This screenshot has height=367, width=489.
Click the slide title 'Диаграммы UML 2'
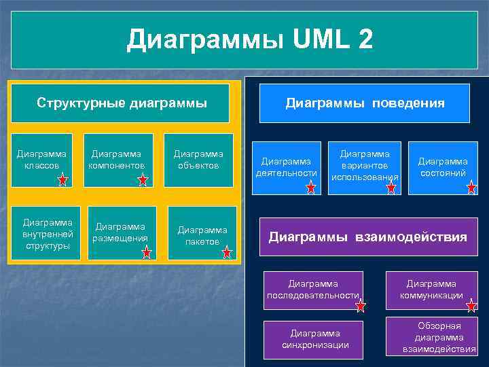250,39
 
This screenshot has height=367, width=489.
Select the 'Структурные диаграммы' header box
122,103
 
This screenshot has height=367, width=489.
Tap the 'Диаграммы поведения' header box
365,103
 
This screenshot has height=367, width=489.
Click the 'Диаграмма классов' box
42,160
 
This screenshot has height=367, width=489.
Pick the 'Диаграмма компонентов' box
117,160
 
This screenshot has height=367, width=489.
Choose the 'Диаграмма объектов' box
198,160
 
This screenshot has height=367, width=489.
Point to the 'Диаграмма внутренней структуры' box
46,233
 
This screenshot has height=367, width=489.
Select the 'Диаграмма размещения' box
121,232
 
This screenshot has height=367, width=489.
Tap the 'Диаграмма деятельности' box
286,167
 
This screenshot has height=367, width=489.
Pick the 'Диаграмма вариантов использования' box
365,166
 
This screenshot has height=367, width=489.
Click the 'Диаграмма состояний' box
442,167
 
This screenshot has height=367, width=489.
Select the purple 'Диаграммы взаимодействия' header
368,237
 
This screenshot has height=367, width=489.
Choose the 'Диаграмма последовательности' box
313,290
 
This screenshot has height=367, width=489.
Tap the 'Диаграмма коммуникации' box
431,290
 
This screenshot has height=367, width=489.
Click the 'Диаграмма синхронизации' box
315,338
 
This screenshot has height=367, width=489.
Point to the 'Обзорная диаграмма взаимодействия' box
439,338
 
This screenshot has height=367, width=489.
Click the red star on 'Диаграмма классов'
62,180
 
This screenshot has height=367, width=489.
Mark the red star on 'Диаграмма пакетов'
227,253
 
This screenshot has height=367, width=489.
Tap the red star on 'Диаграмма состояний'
472,188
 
